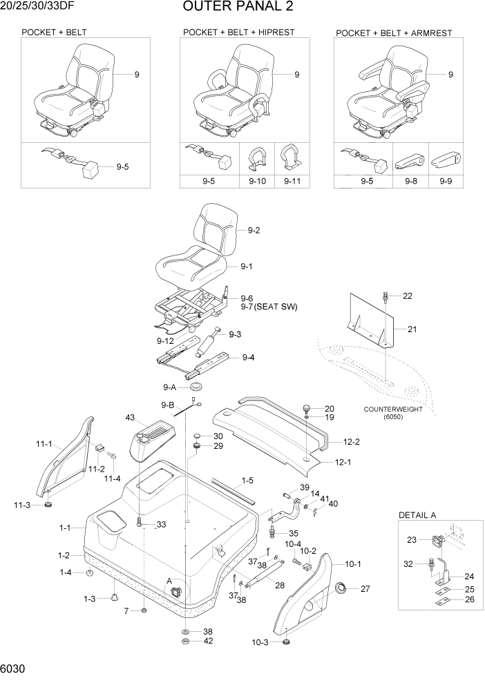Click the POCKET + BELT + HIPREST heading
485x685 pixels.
point(238,32)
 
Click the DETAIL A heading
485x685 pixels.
point(421,516)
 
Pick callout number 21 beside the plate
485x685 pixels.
point(412,329)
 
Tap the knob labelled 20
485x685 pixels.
point(306,409)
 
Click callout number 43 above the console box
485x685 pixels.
point(129,418)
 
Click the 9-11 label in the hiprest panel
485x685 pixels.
point(292,182)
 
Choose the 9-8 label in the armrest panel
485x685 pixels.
point(411,182)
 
